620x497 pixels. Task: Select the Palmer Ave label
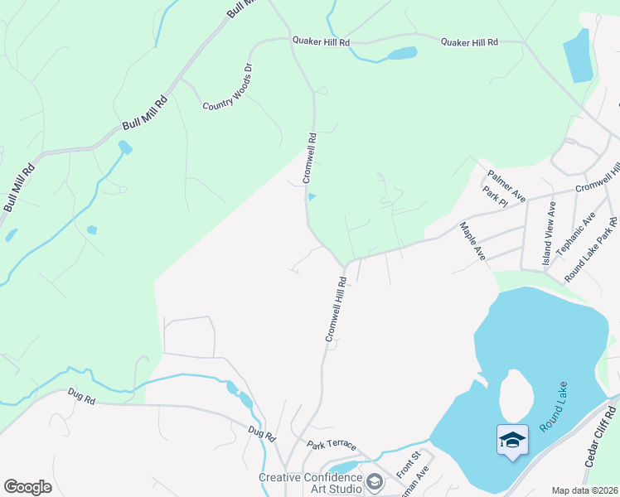click(x=506, y=186)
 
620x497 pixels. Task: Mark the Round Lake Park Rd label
click(x=591, y=248)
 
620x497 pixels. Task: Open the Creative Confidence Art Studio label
click(x=310, y=483)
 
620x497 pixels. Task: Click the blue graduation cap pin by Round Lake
click(x=512, y=439)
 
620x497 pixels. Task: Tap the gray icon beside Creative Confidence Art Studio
click(x=375, y=481)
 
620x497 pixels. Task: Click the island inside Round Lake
click(x=515, y=395)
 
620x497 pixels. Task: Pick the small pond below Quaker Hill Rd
click(x=402, y=54)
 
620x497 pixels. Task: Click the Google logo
click(x=27, y=487)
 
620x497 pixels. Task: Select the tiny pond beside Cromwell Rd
click(x=312, y=196)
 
